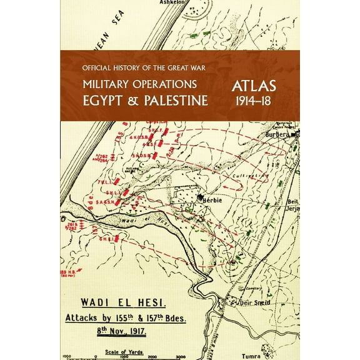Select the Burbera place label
pyautogui.click(x=276, y=135)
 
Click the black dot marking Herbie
pyautogui.click(x=200, y=197)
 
